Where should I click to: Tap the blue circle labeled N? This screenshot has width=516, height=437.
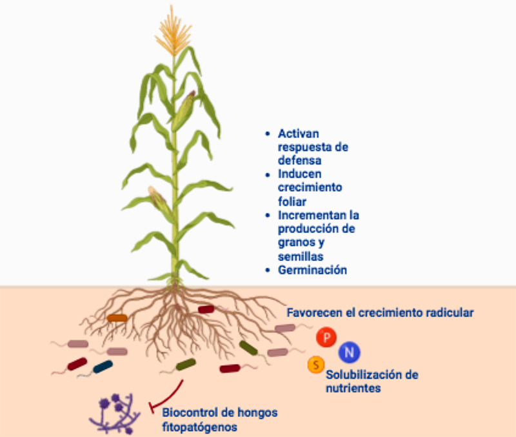tap(350, 352)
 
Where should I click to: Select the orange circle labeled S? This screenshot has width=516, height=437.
tap(315, 365)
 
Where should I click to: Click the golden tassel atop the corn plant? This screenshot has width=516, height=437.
tap(173, 32)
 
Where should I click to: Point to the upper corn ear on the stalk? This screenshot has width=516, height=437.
tap(185, 110)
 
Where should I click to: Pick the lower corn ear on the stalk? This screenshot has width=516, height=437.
tap(159, 201)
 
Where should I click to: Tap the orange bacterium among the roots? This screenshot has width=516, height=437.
tap(117, 317)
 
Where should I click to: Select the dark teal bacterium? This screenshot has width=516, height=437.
tap(103, 367)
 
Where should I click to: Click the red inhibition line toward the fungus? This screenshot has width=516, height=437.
tap(167, 394)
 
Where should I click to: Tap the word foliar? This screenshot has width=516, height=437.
tap(292, 201)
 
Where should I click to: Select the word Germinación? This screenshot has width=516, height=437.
tap(312, 270)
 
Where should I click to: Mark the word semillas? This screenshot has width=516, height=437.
tap(300, 256)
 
